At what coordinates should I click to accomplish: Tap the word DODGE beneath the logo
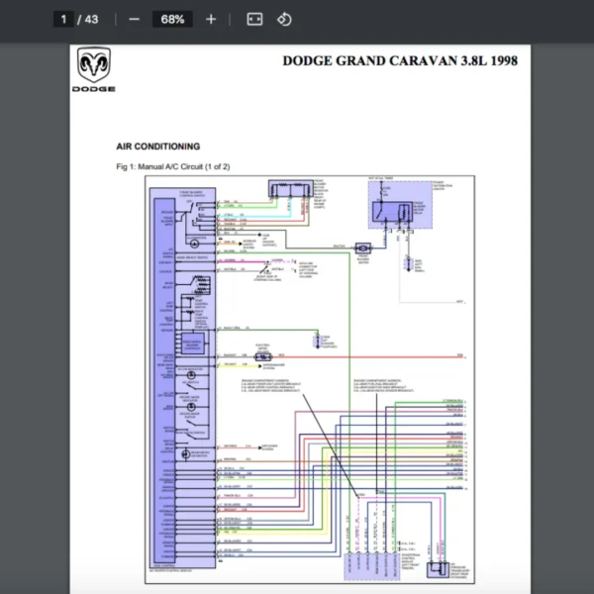pos(93,89)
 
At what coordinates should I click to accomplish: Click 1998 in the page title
pos(498,60)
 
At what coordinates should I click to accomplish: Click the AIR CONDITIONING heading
pos(158,147)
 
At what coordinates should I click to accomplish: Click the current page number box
pos(63,19)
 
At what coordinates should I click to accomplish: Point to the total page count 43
pos(92,19)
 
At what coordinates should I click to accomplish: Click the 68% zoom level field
pos(172,19)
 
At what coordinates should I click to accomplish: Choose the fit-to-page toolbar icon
pos(254,19)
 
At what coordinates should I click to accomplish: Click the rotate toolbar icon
pos(284,19)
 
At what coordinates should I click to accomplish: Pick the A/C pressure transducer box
pos(434,568)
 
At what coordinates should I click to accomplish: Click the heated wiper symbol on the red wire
pos(263,355)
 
